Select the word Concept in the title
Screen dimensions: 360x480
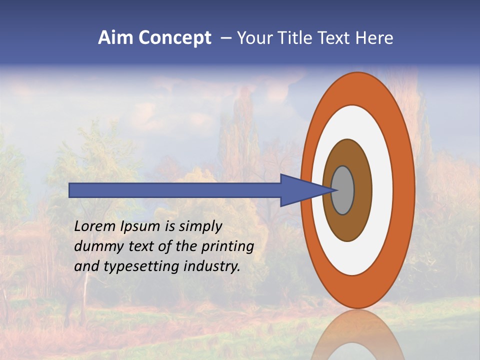coord(174,38)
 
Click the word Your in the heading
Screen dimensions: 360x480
coord(253,38)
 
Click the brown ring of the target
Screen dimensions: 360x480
coord(347,227)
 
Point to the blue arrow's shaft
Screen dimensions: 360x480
coord(175,190)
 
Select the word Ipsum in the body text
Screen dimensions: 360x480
coord(140,227)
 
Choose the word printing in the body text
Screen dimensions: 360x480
coord(228,247)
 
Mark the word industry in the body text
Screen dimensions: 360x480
coord(212,266)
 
